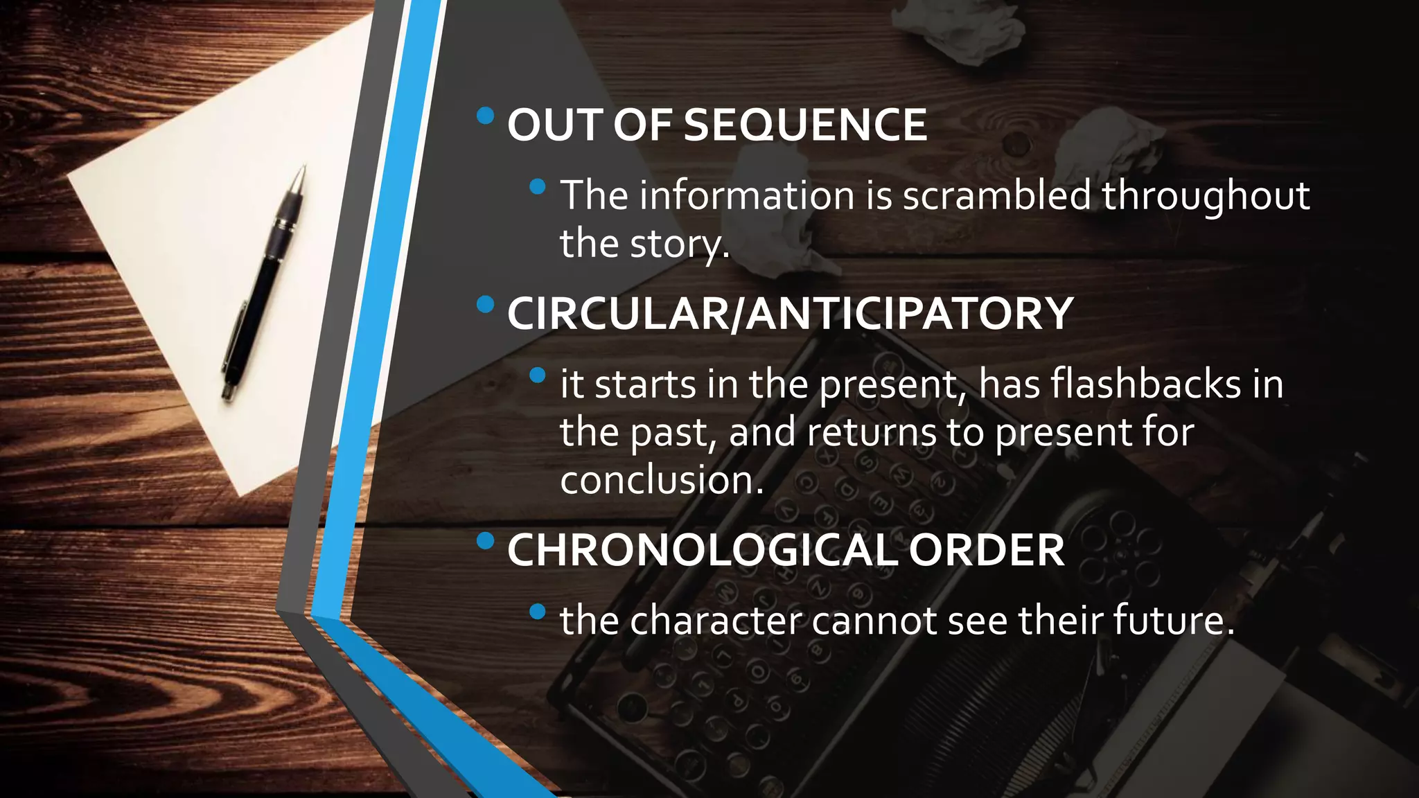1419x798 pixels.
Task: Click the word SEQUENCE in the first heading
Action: [805, 125]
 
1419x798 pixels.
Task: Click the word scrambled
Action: [997, 195]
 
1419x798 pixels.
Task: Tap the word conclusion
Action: [662, 480]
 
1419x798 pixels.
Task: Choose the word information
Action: [747, 195]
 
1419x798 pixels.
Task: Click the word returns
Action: [872, 432]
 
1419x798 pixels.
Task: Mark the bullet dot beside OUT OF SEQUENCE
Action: [486, 115]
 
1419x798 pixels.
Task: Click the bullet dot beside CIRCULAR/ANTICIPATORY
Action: [486, 303]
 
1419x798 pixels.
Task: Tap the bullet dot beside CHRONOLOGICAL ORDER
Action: [486, 540]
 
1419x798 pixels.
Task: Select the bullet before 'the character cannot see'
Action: [537, 611]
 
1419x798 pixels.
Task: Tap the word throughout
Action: [1206, 195]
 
